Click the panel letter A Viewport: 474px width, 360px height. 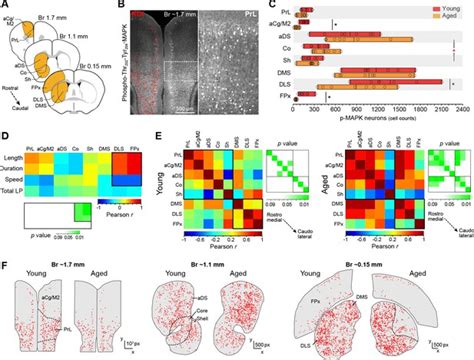point(6,6)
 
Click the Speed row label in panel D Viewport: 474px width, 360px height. point(24,177)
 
